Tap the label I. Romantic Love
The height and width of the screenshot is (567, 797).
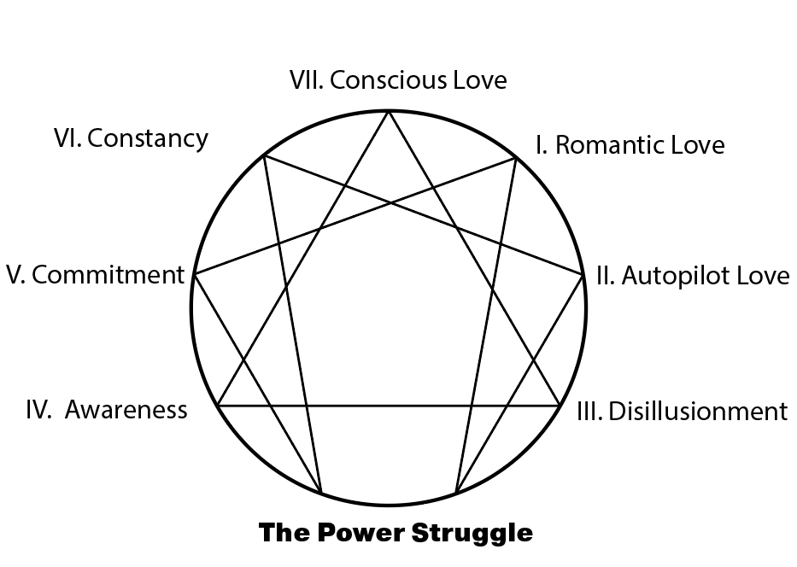pos(630,145)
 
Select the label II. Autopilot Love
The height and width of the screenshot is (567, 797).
pos(692,277)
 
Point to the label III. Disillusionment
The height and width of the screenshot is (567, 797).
pos(682,412)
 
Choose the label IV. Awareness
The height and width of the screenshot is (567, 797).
pos(107,410)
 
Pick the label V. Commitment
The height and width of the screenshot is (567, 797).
pos(95,275)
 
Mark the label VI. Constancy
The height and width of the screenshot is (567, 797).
pos(131,137)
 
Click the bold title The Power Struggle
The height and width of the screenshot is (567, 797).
pos(396,534)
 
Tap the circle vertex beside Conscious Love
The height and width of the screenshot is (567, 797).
pos(390,111)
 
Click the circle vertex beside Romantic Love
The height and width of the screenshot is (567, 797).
pos(517,157)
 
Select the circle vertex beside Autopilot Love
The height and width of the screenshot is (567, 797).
pos(585,274)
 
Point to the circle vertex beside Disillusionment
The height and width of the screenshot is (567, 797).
pos(560,405)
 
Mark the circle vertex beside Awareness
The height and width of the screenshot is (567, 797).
pos(218,405)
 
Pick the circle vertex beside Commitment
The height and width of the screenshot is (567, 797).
pos(195,275)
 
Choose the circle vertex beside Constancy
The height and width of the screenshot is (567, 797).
pos(263,155)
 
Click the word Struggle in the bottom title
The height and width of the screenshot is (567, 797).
pos(472,534)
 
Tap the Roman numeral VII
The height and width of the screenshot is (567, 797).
pos(305,80)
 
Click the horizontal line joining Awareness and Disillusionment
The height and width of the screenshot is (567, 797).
pos(389,405)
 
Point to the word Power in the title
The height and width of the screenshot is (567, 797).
pos(362,534)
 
